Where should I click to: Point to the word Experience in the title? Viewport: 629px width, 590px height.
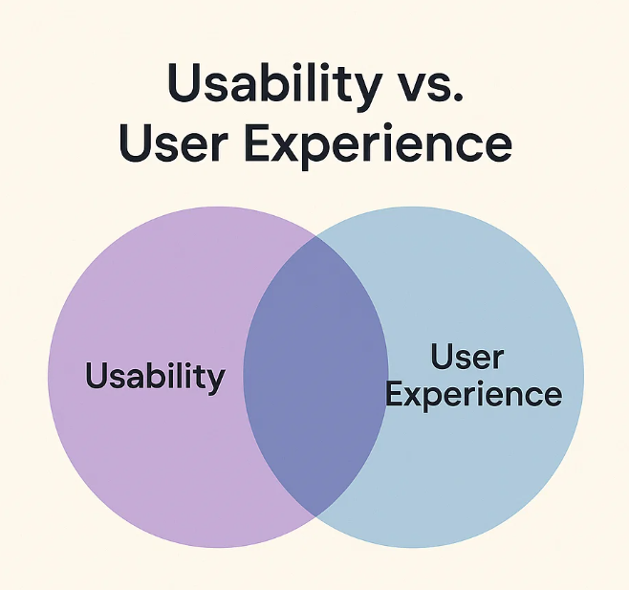pyautogui.click(x=378, y=146)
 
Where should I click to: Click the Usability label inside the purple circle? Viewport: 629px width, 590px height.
pyautogui.click(x=155, y=375)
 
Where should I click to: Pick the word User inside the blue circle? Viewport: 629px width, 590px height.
pyautogui.click(x=466, y=356)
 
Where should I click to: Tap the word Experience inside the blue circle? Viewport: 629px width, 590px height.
pyautogui.click(x=473, y=395)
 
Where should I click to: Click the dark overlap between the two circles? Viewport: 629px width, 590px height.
pyautogui.click(x=315, y=377)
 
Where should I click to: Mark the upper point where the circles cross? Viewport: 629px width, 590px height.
pyautogui.click(x=315, y=237)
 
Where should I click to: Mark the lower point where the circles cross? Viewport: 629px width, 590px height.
pyautogui.click(x=315, y=516)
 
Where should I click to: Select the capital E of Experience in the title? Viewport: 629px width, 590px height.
pyautogui.click(x=257, y=142)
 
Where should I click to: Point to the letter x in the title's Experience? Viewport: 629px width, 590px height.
pyautogui.click(x=287, y=147)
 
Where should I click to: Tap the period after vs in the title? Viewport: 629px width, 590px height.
pyautogui.click(x=458, y=97)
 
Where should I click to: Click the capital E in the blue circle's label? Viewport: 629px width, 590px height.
pyautogui.click(x=394, y=393)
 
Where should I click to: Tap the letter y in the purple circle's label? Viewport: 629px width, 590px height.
pyautogui.click(x=215, y=382)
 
